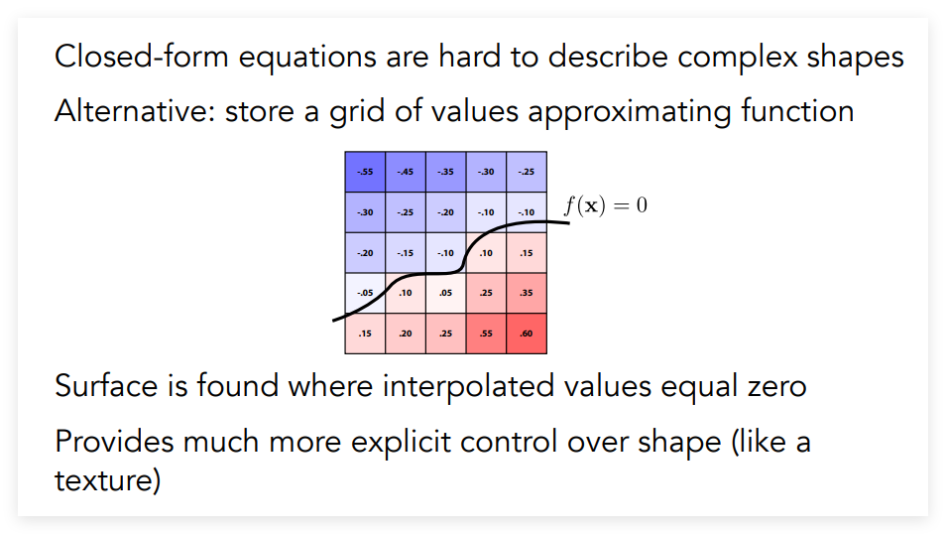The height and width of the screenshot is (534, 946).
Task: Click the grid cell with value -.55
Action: click(x=365, y=172)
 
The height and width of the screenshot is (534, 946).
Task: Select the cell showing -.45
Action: click(x=406, y=172)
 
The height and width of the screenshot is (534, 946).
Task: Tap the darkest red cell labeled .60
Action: click(x=527, y=334)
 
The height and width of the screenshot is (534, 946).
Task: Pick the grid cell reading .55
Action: click(x=486, y=334)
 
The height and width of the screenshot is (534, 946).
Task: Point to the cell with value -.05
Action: click(x=365, y=293)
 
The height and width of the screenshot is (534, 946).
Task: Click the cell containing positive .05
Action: click(x=446, y=293)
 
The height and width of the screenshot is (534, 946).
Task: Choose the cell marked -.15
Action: click(x=406, y=252)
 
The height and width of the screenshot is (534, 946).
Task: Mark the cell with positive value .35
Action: click(x=527, y=293)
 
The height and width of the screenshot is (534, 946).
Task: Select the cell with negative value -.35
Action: click(x=446, y=172)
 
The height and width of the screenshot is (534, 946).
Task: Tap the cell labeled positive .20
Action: click(x=406, y=334)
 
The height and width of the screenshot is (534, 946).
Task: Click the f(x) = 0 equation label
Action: click(x=606, y=205)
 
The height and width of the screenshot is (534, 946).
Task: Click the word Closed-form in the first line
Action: click(x=142, y=57)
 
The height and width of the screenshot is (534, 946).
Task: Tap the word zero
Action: click(x=777, y=387)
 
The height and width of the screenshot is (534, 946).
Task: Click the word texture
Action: click(x=107, y=480)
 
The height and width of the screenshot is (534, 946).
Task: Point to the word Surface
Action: click(x=106, y=386)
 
